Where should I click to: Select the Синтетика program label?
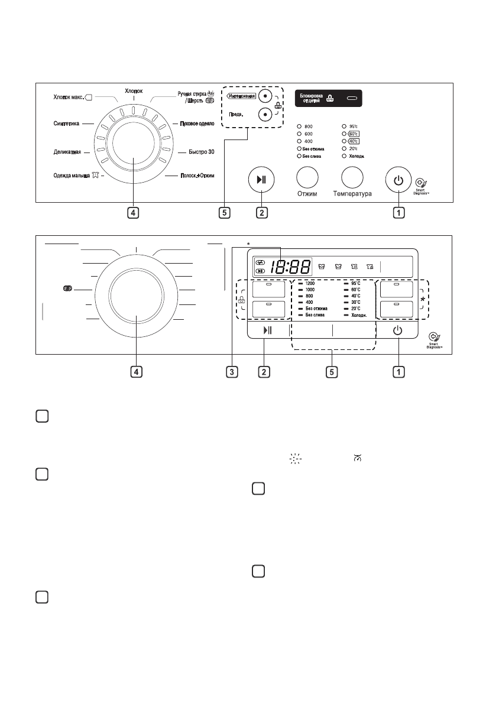point(65,124)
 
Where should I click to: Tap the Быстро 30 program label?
point(197,152)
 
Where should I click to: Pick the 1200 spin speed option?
point(310,284)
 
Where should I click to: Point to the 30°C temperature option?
point(355,302)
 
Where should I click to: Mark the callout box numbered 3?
point(234,372)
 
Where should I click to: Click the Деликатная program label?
point(67,152)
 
